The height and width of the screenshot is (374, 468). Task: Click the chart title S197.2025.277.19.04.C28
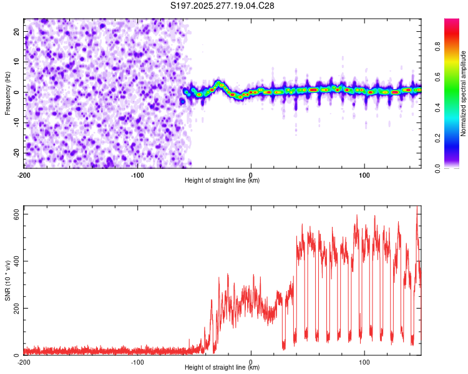point(222,6)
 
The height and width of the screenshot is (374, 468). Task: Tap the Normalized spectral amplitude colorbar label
point(463,93)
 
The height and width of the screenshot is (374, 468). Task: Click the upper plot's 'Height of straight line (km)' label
point(222,180)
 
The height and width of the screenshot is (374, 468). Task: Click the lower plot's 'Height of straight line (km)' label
point(222,368)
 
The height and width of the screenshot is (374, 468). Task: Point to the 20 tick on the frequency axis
point(17,31)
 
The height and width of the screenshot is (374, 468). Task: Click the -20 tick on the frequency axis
point(16,153)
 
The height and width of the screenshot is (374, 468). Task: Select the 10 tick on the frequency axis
point(17,62)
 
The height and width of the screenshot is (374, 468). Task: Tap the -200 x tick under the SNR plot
point(24,362)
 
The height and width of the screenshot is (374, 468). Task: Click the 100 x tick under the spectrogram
point(364,175)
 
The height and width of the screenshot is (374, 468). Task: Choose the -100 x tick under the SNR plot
point(137,362)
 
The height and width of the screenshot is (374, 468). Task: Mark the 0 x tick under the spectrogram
point(251,175)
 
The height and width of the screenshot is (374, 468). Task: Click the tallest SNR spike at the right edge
point(417,208)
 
